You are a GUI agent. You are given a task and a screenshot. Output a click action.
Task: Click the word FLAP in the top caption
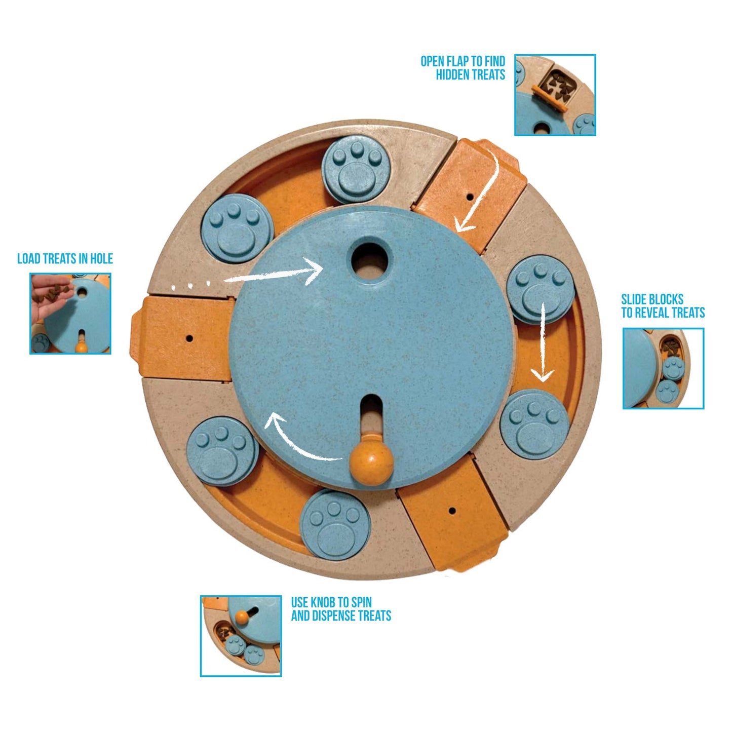click(457, 61)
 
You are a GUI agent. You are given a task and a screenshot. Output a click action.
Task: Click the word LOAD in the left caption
click(29, 258)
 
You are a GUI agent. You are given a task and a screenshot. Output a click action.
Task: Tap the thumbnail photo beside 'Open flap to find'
click(555, 95)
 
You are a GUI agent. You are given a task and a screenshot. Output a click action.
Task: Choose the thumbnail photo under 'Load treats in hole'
click(70, 313)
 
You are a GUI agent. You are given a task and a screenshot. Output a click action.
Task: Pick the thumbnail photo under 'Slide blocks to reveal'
click(663, 368)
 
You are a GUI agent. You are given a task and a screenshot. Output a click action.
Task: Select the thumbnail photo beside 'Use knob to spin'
click(241, 636)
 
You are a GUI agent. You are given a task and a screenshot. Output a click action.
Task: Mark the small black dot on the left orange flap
click(189, 337)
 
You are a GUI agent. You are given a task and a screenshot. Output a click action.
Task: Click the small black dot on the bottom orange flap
click(452, 511)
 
